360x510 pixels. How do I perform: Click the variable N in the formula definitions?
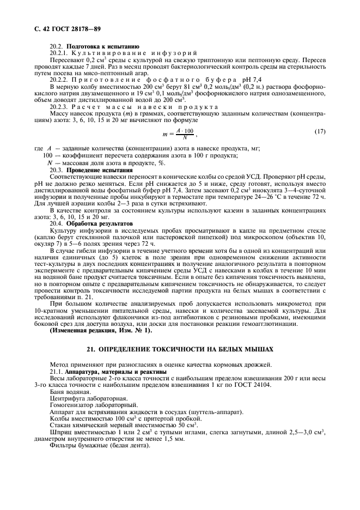51,162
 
